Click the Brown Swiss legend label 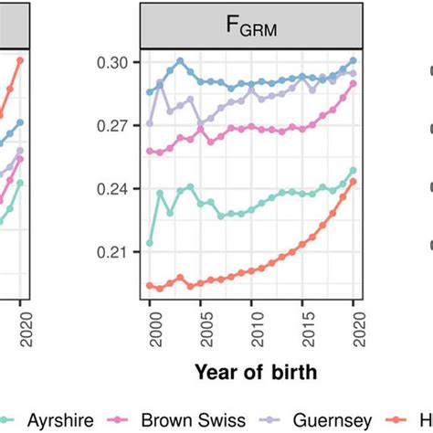coord(198,419)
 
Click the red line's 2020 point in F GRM coord(353,181)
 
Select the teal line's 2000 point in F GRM coord(150,243)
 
